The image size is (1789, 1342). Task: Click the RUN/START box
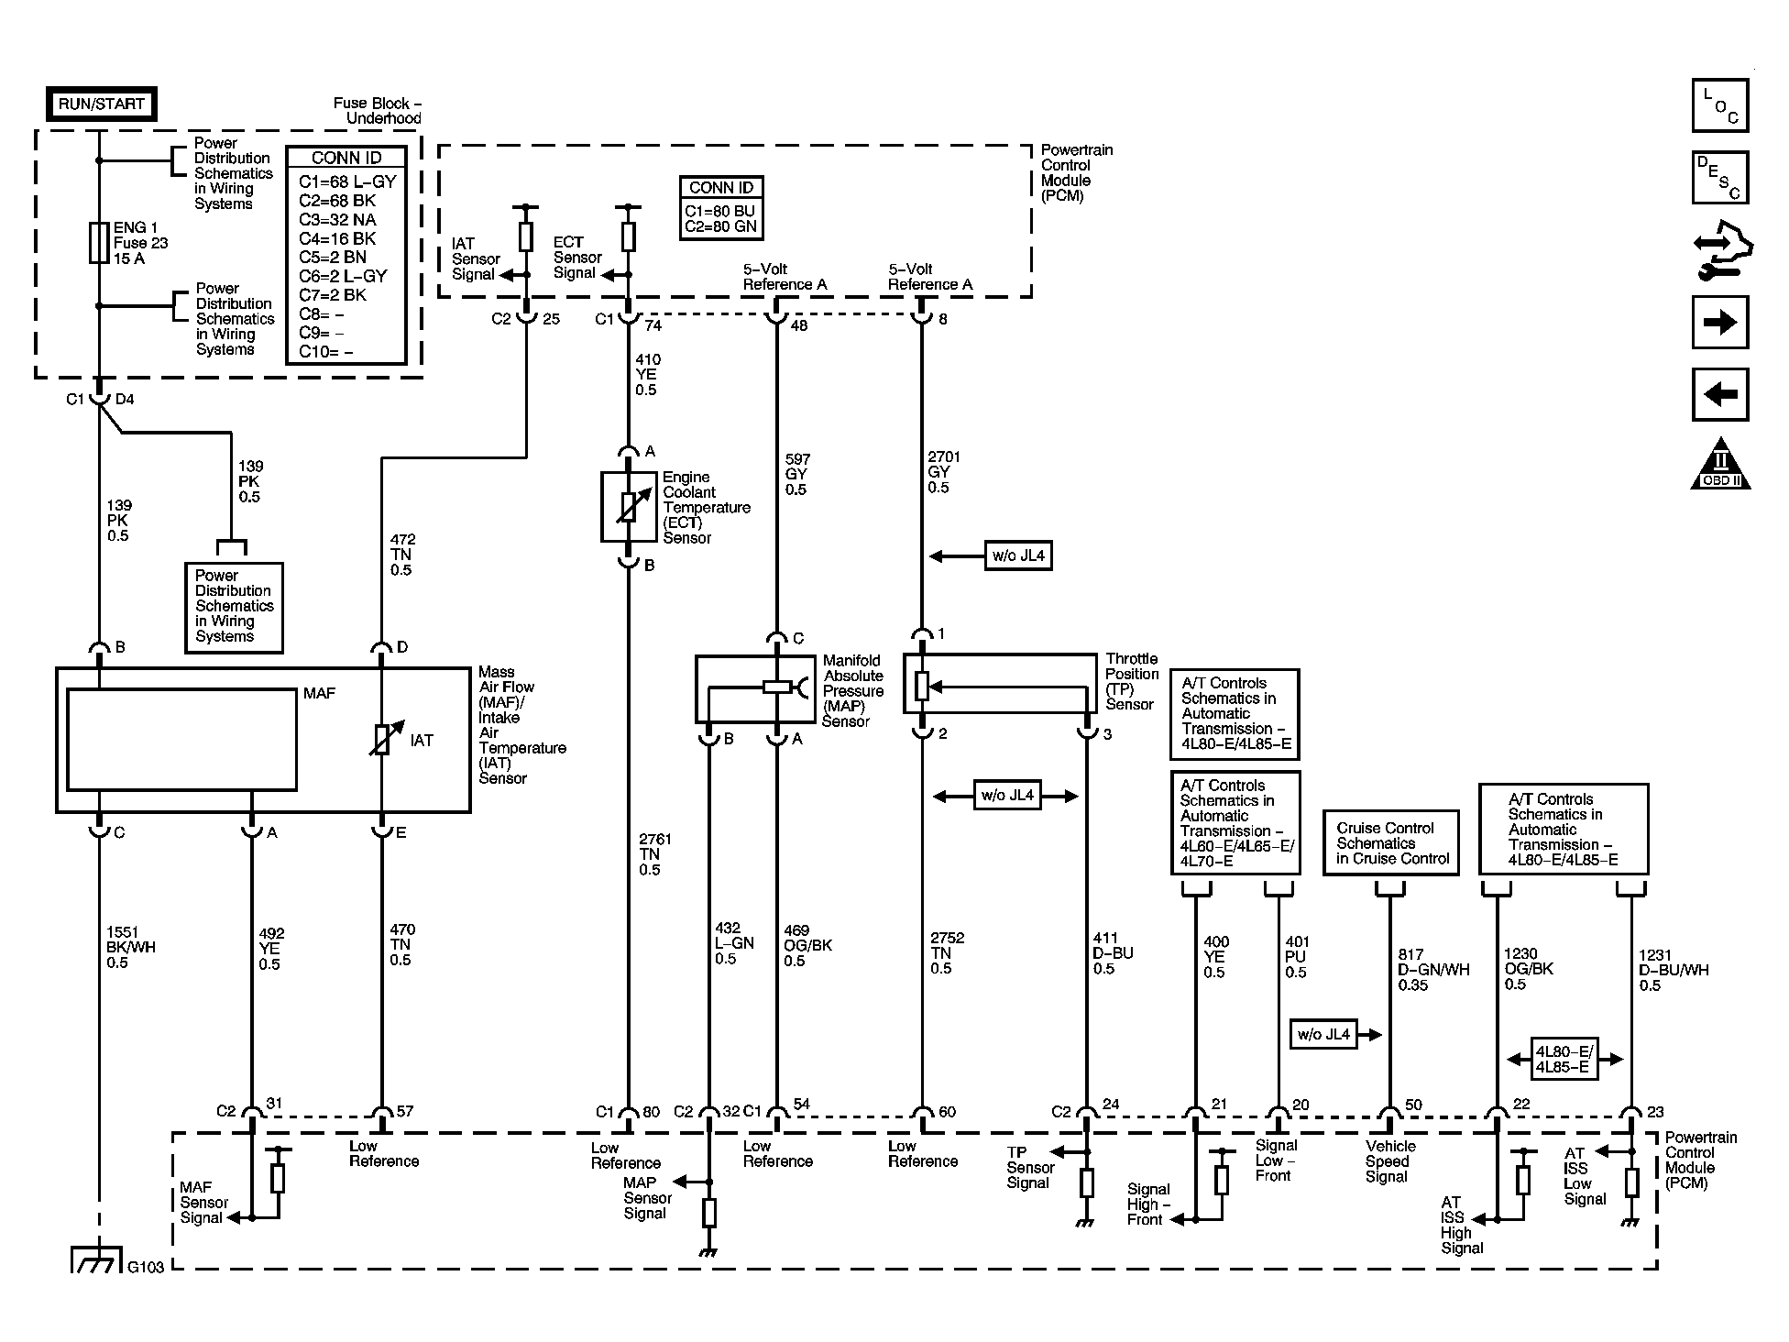pos(101,104)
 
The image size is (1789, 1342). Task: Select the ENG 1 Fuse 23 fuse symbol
pos(99,242)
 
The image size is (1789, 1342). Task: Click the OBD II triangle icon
pos(1720,464)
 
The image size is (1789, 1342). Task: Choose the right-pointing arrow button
pos(1720,322)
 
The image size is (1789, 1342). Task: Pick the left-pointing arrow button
pos(1720,394)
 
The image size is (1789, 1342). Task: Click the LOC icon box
pos(1720,105)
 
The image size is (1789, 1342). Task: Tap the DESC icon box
pos(1720,177)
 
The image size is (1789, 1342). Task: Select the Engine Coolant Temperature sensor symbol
pos(628,507)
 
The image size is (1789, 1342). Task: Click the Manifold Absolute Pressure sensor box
pos(755,688)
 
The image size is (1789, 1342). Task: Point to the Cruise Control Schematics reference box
pos(1391,842)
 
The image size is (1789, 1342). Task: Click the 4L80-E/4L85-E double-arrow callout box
pos(1564,1059)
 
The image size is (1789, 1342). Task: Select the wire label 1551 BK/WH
pos(131,947)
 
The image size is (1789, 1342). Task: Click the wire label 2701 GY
pos(938,472)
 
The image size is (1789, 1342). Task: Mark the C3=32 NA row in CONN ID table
pos(337,219)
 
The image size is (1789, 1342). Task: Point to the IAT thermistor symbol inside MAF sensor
pos(381,741)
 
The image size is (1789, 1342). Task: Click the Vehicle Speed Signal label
pos(1390,1160)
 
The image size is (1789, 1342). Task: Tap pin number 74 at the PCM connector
pos(652,324)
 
